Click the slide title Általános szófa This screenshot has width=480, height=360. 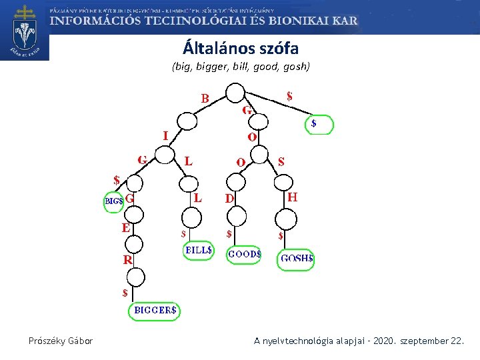(241, 49)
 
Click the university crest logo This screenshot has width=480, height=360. (25, 30)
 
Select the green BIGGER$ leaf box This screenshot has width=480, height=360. (155, 310)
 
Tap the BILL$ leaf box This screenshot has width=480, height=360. (198, 251)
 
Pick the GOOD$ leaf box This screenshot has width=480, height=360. (244, 255)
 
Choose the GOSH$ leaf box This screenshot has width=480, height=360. (295, 259)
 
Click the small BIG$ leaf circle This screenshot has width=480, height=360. (113, 201)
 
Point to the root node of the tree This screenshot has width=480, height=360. (235, 93)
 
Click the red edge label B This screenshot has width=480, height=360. (205, 99)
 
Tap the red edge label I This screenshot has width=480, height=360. (165, 136)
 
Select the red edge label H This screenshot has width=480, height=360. (292, 197)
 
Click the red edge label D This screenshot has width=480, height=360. (229, 198)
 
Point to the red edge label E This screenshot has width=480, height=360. (125, 227)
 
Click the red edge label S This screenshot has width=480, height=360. (281, 161)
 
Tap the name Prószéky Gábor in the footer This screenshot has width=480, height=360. (61, 341)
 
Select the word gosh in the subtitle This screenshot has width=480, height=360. (295, 67)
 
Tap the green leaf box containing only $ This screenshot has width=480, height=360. (319, 125)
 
